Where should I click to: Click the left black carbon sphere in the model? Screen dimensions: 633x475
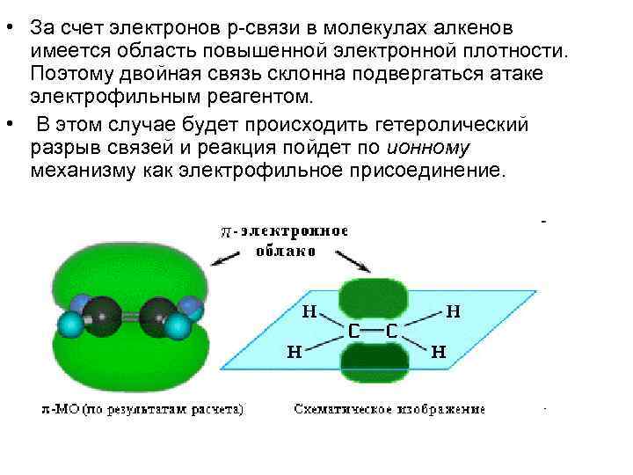103,315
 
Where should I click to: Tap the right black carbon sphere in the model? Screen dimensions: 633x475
159,315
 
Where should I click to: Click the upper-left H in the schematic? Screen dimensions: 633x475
309,311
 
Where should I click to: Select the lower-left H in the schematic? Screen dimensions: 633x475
295,352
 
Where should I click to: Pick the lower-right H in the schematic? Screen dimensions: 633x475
438,352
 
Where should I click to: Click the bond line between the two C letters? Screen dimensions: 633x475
371,332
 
